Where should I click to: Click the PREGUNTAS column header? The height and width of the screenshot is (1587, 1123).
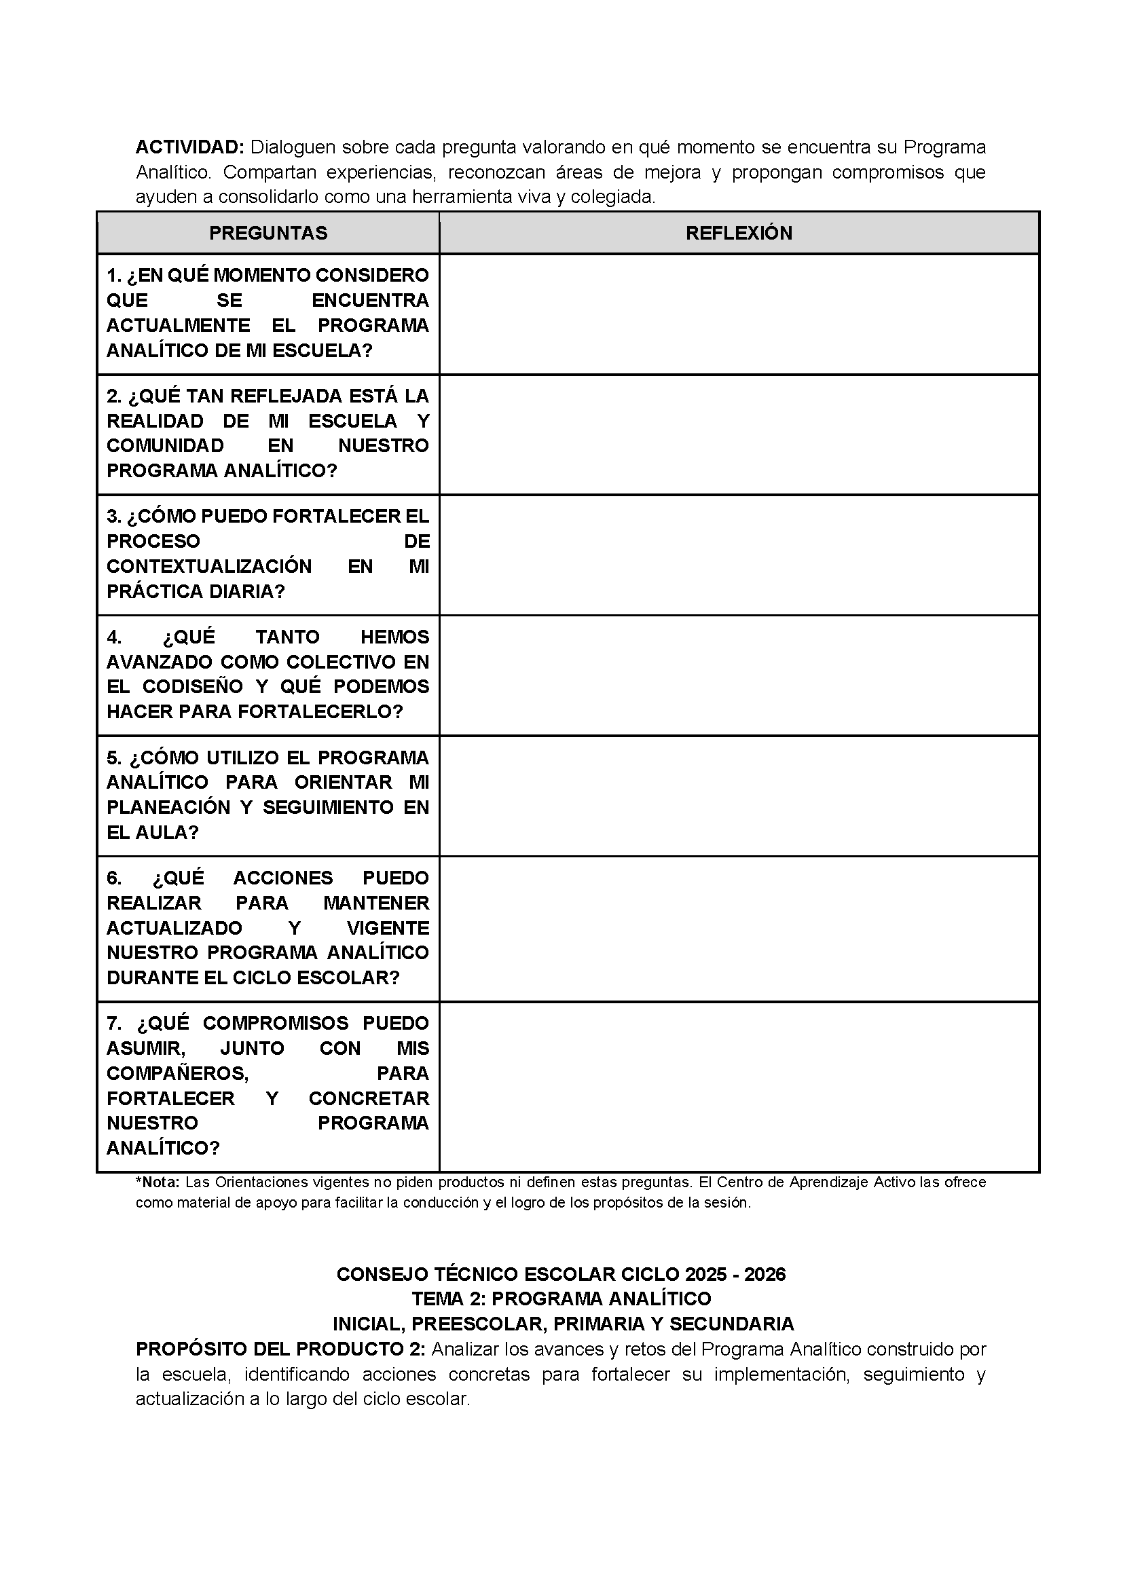tap(268, 233)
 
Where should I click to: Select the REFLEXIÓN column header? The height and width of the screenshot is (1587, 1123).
tap(739, 233)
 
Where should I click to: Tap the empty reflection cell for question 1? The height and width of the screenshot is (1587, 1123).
tap(739, 314)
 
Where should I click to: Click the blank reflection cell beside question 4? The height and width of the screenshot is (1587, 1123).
tap(739, 675)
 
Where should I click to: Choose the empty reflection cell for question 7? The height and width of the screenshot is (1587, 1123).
tap(739, 1087)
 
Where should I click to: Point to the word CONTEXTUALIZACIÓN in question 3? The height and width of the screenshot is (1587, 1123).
tap(209, 566)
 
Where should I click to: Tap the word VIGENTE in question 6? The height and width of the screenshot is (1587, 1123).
tap(388, 928)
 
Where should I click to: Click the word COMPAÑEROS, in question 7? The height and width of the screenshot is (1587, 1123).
tap(178, 1072)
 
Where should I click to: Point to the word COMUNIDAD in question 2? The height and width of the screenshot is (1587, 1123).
tap(165, 446)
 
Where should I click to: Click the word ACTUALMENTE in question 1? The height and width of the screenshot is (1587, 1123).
tap(179, 326)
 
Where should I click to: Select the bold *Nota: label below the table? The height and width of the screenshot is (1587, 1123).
tap(158, 1182)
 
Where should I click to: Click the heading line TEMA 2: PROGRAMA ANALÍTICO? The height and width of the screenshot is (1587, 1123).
tap(561, 1299)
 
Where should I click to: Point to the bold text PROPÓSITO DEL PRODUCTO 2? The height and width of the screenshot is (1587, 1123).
tap(281, 1349)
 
